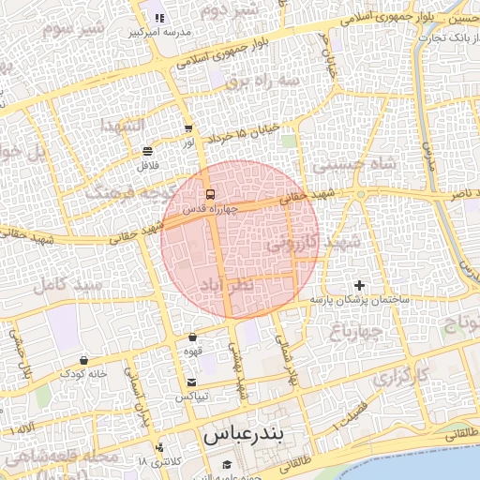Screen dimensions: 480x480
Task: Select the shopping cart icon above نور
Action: pos(188,128)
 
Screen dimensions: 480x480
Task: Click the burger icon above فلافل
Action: pos(147,151)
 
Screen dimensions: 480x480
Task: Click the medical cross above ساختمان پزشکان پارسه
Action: pos(358,284)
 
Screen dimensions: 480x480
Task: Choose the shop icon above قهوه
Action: pos(192,337)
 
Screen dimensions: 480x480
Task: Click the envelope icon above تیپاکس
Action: pos(191,382)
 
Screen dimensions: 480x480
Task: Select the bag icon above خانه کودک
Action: pos(84,359)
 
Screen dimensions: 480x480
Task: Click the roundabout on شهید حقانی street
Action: pos(360,194)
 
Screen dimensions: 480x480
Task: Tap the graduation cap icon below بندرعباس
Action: pos(226,465)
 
